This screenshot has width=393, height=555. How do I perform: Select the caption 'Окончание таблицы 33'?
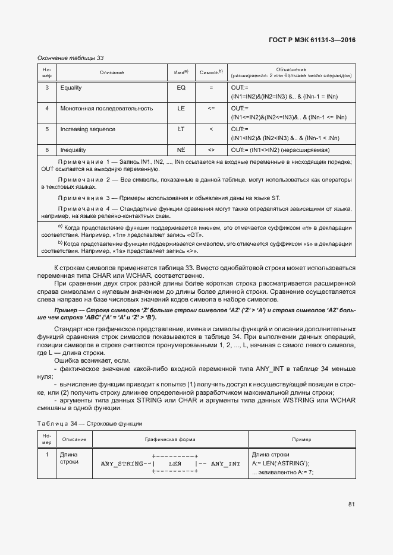pyautogui.click(x=71, y=58)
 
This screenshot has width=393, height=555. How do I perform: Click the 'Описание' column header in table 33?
pyautogui.click(x=112, y=73)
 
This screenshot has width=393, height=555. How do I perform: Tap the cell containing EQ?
pyautogui.click(x=181, y=88)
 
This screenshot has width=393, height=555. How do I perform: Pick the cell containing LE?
pyautogui.click(x=181, y=109)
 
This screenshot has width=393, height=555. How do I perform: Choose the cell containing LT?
pyautogui.click(x=181, y=129)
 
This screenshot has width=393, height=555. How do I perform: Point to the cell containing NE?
pyautogui.click(x=181, y=150)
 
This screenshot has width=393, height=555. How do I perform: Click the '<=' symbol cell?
pyautogui.click(x=210, y=109)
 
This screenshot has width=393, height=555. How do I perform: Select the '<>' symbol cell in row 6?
pyautogui.click(x=210, y=150)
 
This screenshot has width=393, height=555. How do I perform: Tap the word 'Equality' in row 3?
pyautogui.click(x=71, y=88)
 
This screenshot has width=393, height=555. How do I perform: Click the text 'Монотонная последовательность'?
pyautogui.click(x=98, y=109)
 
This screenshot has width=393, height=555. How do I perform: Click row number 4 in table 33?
pyautogui.click(x=47, y=109)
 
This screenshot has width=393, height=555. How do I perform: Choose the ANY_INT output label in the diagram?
pyautogui.click(x=226, y=464)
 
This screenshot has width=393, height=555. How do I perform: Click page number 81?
pyautogui.click(x=351, y=505)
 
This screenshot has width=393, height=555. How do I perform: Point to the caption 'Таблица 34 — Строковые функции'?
pyautogui.click(x=90, y=423)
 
